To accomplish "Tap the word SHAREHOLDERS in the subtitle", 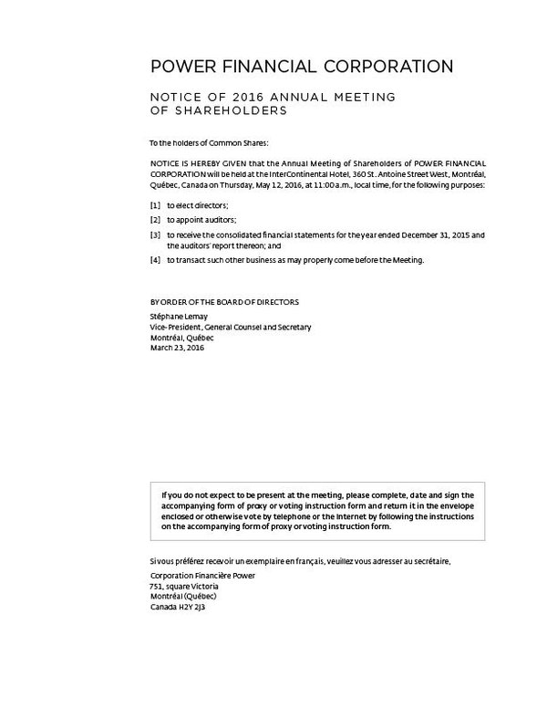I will (x=226, y=110).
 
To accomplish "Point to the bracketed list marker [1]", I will (x=154, y=207).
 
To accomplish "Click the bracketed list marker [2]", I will (x=154, y=221).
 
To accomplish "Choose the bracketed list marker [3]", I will (x=154, y=234).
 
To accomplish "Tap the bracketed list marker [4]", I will (x=154, y=260).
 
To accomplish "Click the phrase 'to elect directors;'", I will (x=196, y=207).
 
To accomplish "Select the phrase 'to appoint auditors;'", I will (x=201, y=221).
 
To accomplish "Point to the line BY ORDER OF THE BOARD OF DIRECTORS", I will (x=223, y=301).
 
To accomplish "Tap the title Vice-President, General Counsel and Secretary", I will (x=230, y=326).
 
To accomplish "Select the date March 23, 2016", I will (x=176, y=348).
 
